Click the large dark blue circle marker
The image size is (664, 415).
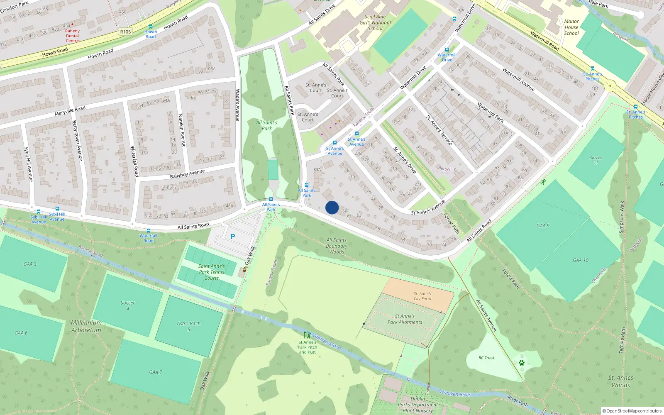332,207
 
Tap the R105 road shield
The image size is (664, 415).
125,32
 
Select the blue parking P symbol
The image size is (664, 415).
233,237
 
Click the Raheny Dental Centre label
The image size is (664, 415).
72,36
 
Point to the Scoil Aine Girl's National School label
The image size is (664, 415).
375,23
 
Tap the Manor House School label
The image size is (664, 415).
571,27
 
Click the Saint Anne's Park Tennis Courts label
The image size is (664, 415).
212,272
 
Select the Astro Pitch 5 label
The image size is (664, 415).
189,326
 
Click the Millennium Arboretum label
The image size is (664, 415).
86,326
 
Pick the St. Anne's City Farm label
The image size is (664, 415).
422,296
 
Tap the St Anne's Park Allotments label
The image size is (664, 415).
405,319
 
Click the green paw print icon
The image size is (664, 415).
522,363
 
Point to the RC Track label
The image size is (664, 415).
486,358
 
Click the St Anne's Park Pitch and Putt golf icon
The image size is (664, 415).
307,335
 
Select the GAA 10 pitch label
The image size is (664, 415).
581,260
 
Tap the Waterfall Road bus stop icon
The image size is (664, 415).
148,231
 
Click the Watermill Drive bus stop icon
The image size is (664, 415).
447,50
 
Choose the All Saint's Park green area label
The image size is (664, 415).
267,125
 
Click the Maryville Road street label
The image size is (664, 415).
70,111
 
